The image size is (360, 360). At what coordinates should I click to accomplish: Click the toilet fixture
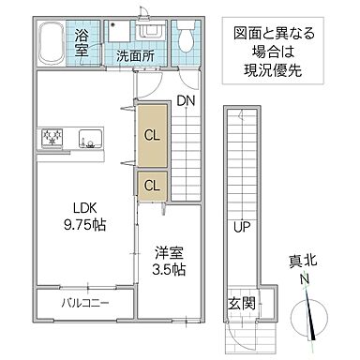[186, 37]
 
